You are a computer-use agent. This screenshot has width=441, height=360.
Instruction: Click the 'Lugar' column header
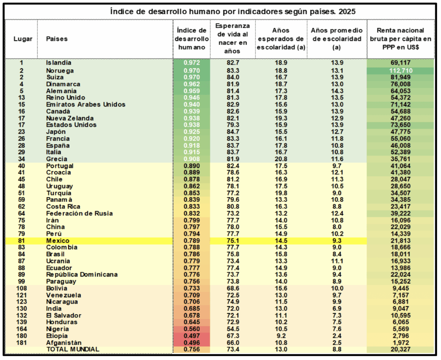(x=23, y=39)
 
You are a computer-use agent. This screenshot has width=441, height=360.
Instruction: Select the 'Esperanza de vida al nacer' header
(x=233, y=39)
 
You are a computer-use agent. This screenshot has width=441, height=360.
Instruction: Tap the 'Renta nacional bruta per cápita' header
(x=401, y=39)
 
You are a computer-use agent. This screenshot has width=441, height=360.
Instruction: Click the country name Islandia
(x=59, y=63)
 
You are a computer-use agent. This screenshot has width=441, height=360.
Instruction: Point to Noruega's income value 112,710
(x=401, y=70)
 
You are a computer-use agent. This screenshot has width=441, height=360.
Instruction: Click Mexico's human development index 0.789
(x=191, y=241)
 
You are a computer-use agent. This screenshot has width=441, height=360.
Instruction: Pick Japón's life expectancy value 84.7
(x=233, y=131)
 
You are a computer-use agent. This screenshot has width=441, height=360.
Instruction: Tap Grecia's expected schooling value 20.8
(x=281, y=159)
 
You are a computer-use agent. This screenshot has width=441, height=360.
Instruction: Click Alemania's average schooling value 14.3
(x=337, y=91)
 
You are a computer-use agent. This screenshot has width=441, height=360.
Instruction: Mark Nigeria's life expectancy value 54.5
(x=233, y=329)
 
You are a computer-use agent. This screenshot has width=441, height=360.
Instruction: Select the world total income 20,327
(x=401, y=349)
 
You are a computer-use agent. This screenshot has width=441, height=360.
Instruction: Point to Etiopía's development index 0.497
(x=191, y=336)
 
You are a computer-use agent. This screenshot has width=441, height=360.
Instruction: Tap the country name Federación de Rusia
(x=79, y=213)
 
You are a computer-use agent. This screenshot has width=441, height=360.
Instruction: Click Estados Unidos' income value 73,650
(x=401, y=125)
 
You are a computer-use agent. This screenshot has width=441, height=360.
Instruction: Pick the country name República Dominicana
(x=82, y=275)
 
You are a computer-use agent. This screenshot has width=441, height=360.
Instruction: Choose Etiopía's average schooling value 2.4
(x=337, y=336)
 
